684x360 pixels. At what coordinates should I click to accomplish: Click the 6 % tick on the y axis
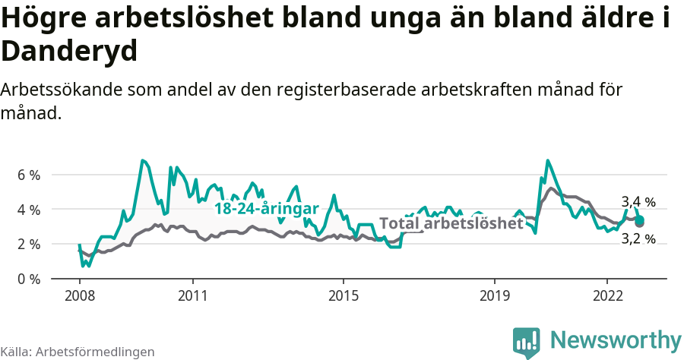[28, 175]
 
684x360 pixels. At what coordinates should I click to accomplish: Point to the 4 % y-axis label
[28, 210]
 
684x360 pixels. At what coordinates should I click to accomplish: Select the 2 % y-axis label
[28, 245]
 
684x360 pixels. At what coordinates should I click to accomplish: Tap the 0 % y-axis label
[28, 279]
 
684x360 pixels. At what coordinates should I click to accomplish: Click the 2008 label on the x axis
[79, 295]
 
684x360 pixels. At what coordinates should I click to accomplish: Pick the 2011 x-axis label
[192, 295]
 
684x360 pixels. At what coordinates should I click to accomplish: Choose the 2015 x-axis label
[344, 295]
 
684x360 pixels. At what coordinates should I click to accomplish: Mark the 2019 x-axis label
[495, 295]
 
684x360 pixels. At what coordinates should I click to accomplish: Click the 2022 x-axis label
[608, 295]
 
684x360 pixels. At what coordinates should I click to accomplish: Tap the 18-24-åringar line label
[266, 208]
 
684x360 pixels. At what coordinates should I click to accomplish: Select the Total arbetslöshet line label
[451, 223]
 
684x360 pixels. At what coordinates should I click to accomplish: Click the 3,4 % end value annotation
[638, 202]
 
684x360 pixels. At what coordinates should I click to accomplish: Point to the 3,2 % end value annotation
[638, 239]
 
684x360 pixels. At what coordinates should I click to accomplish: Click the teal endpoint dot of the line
[640, 219]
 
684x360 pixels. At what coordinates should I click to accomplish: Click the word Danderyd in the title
[69, 52]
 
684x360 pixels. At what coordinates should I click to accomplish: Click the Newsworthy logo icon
[527, 343]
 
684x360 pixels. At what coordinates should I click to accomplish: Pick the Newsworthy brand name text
[616, 339]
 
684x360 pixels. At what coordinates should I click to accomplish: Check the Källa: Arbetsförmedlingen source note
[78, 352]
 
